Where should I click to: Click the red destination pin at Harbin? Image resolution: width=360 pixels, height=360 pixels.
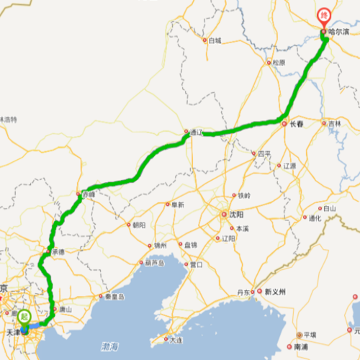coord(325,14)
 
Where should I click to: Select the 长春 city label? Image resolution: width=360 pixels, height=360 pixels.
coord(297,124)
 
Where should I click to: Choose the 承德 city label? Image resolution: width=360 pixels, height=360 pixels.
coord(58,251)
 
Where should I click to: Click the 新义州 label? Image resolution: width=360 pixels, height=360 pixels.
coord(275,292)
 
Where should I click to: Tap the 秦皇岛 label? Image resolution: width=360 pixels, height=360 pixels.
coord(115,296)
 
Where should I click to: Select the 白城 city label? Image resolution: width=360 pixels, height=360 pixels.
coord(215,40)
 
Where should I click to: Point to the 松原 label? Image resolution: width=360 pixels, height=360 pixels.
coord(278,63)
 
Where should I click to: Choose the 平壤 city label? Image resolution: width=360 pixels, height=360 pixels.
coord(310,335)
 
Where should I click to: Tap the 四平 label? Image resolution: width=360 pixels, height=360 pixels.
coord(264,153)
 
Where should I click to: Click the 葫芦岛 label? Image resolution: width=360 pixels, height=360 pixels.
coord(156,263)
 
